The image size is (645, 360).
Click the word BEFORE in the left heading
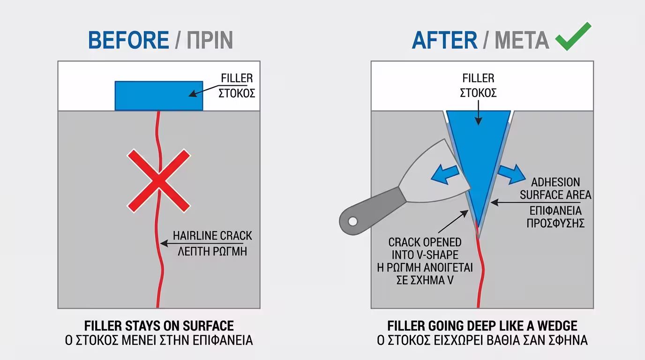[128, 40]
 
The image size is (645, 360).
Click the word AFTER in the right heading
[444, 40]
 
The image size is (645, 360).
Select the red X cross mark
[159, 180]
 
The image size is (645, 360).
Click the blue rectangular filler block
[159, 96]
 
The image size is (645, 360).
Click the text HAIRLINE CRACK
[212, 236]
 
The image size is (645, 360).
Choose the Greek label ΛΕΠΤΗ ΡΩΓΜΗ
[212, 251]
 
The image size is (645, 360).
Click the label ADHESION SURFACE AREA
[555, 188]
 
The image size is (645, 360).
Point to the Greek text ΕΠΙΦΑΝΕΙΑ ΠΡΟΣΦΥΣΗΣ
[555, 216]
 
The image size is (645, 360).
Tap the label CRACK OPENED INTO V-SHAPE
[425, 249]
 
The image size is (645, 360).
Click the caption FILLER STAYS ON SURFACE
[159, 325]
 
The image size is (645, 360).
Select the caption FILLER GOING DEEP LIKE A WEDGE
[482, 325]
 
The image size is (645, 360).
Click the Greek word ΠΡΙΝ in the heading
[210, 40]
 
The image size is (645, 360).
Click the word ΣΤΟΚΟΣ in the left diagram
[237, 93]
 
